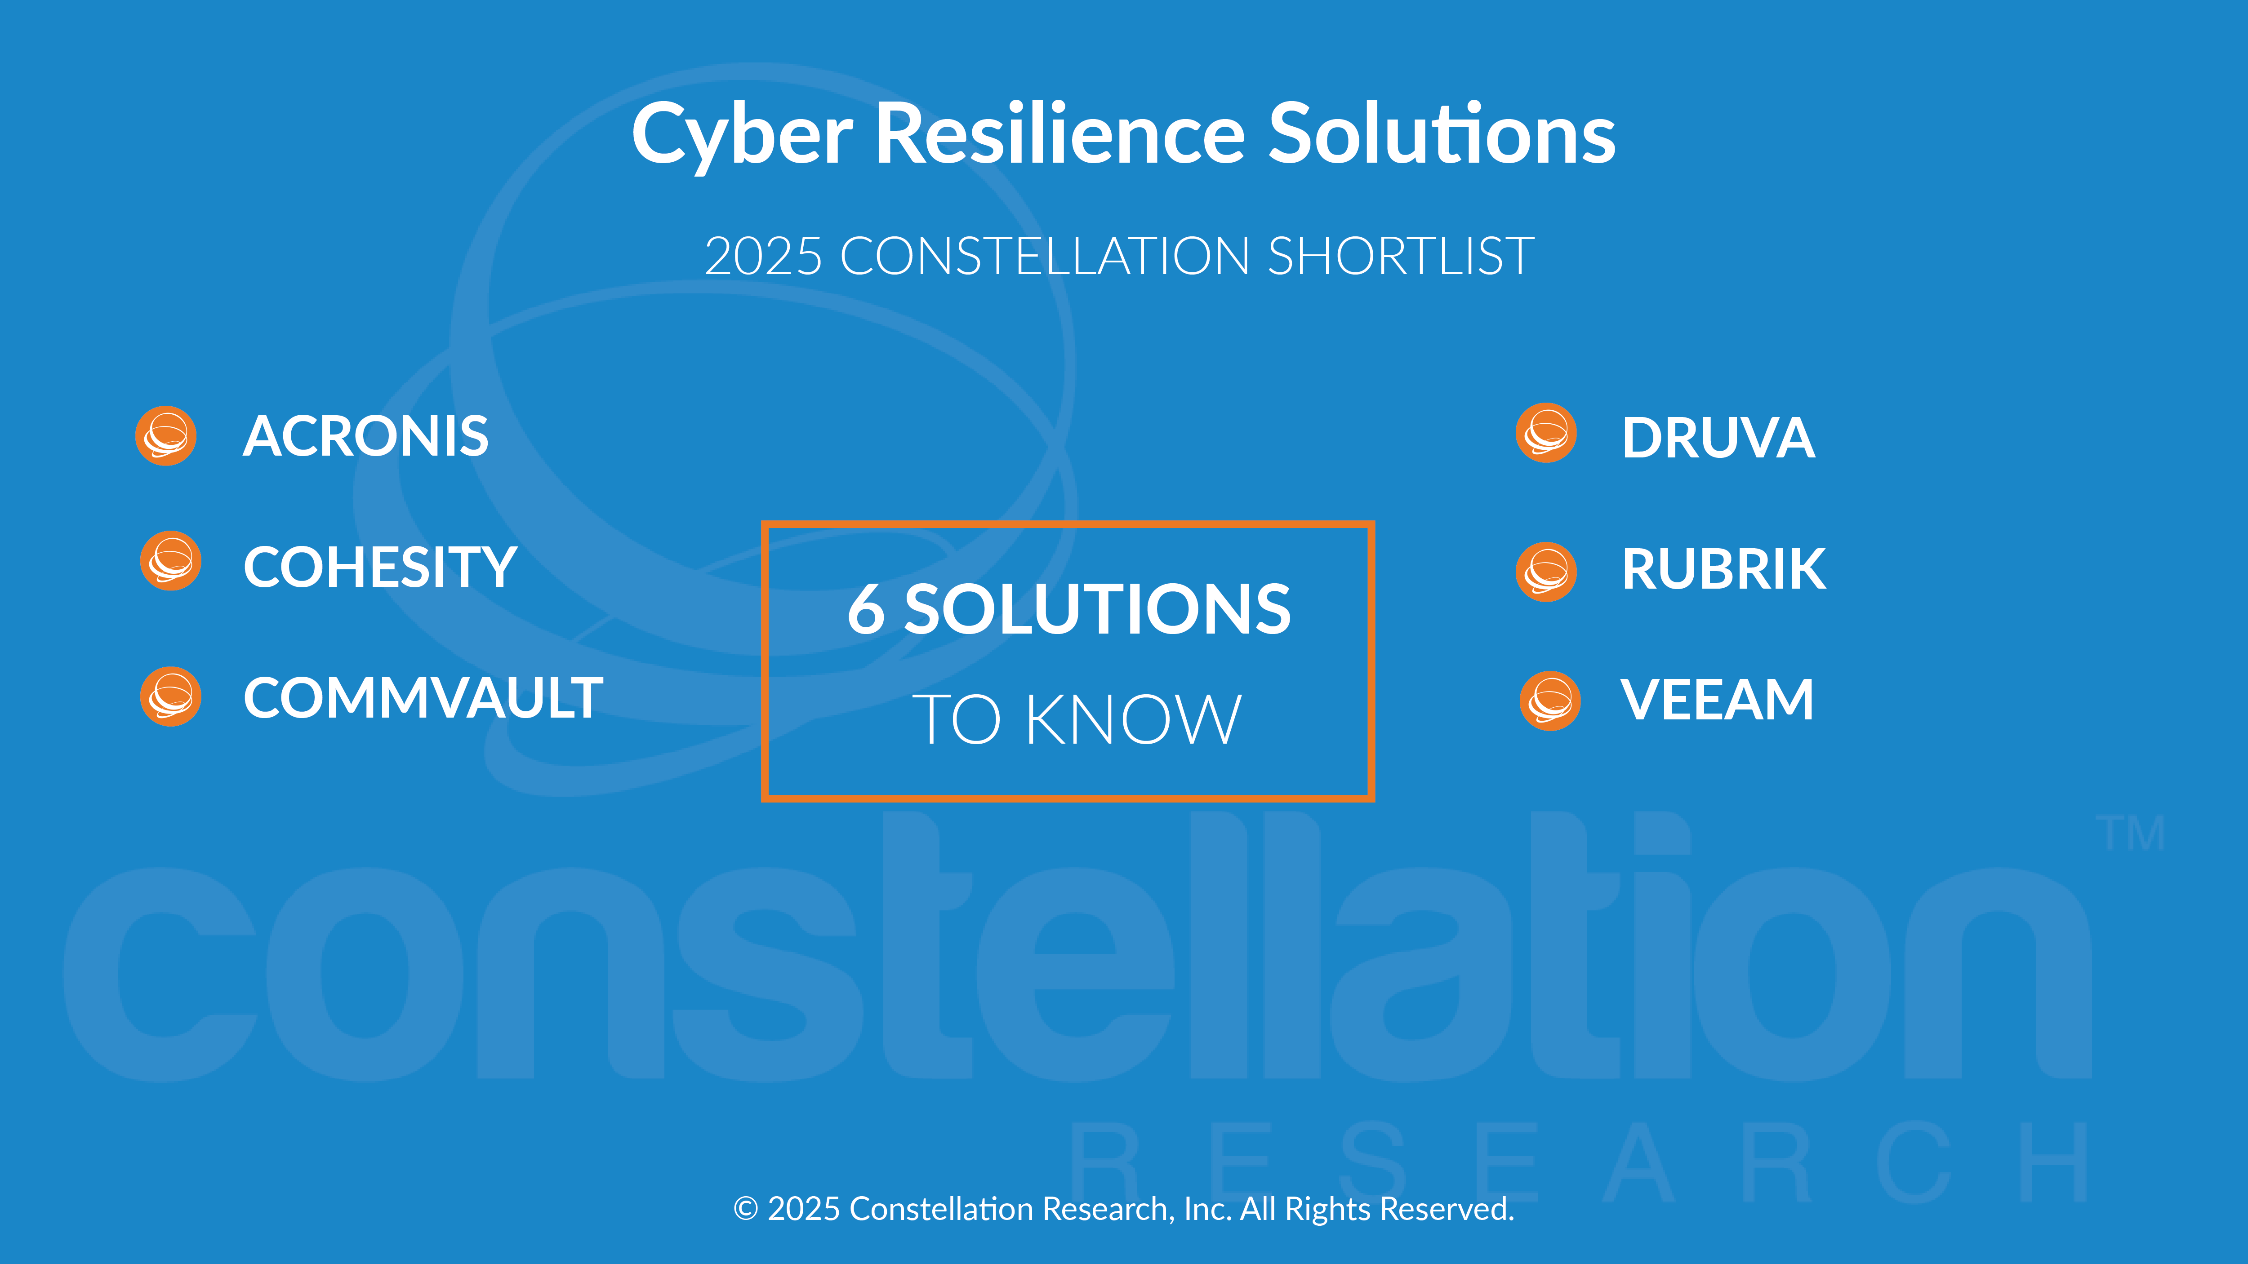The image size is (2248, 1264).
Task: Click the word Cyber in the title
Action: pyautogui.click(x=742, y=135)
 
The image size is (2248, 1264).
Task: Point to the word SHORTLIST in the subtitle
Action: pyautogui.click(x=1401, y=257)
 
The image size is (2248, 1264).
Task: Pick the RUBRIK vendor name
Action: pyautogui.click(x=1723, y=569)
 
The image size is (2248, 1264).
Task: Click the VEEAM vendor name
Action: pyautogui.click(x=1717, y=700)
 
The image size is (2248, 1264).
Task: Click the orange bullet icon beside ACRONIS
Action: pyautogui.click(x=166, y=435)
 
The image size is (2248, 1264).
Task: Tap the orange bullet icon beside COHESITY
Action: pyautogui.click(x=171, y=561)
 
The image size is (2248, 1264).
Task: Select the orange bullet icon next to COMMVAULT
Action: pyautogui.click(x=171, y=696)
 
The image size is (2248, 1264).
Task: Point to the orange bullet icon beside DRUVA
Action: pyautogui.click(x=1546, y=433)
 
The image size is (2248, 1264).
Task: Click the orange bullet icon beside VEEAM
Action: pyautogui.click(x=1550, y=701)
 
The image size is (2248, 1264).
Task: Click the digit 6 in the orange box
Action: pyautogui.click(x=866, y=609)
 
